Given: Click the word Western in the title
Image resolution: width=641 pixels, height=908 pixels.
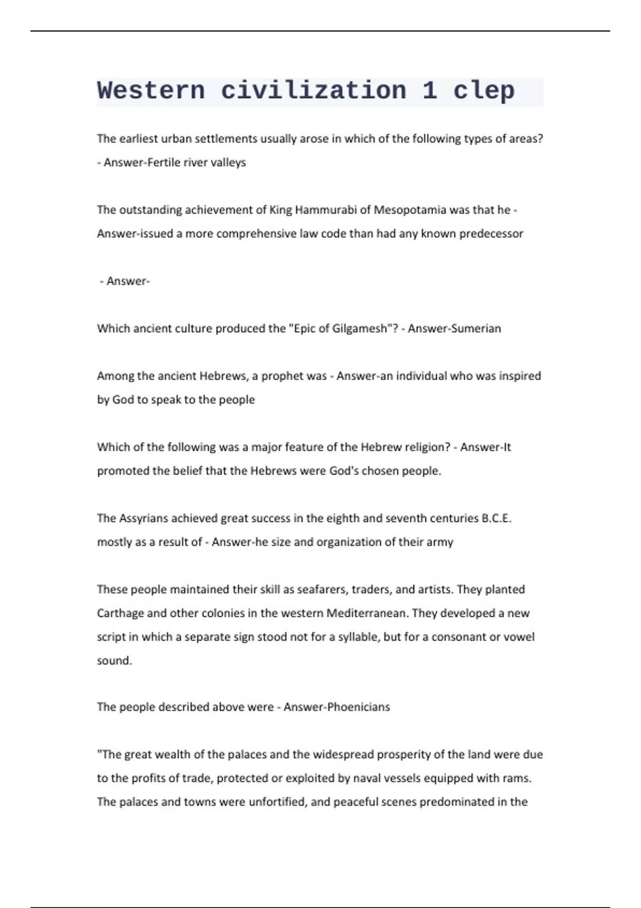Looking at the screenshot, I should pos(151,91).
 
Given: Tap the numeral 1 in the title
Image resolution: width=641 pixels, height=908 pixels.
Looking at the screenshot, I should pos(430,91).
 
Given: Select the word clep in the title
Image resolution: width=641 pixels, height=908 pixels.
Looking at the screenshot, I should pos(484,91).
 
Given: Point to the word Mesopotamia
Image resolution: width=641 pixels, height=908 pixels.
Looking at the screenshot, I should pos(410,210).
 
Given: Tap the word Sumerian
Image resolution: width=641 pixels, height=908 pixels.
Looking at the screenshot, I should pos(476,328).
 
